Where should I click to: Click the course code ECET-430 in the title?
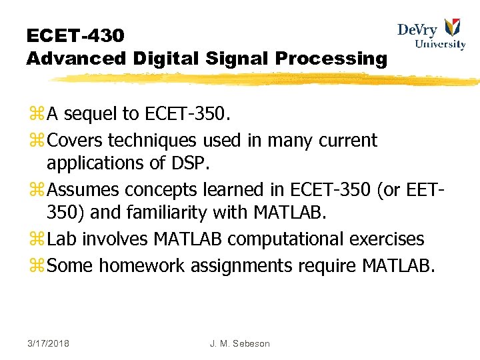click(75, 35)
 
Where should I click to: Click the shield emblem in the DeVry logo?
click(452, 27)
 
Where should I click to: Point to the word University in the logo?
click(440, 45)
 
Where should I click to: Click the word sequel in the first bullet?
click(91, 115)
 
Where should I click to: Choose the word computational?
click(284, 239)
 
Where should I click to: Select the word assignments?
click(241, 265)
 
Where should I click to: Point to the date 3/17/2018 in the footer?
click(48, 343)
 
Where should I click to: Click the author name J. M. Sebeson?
click(239, 343)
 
